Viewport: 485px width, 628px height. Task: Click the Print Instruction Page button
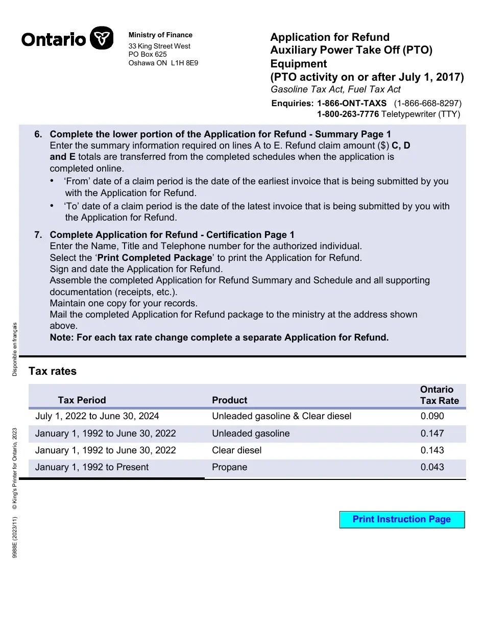tap(402, 520)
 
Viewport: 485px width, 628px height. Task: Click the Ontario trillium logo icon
tap(101, 38)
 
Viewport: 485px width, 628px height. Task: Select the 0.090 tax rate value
tap(432, 416)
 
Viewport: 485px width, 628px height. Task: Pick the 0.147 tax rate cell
tap(432, 433)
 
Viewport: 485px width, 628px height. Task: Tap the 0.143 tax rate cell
tap(432, 450)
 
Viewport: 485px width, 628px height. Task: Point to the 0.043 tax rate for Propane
tap(432, 467)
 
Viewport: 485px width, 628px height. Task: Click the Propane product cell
tap(229, 467)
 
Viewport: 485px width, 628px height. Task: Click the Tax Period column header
tap(82, 400)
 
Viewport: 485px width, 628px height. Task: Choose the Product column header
tap(229, 400)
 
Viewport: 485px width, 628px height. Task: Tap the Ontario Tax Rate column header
tap(439, 395)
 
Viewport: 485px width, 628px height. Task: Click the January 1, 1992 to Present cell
tap(92, 467)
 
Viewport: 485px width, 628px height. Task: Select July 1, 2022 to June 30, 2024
tap(97, 416)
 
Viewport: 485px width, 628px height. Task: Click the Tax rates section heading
tap(53, 371)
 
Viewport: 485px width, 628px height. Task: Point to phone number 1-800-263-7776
tap(348, 114)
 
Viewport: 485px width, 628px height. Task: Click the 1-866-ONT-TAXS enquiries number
tap(352, 103)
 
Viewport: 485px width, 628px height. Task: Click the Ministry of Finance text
tap(160, 35)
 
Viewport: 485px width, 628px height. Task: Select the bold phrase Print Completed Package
tap(154, 258)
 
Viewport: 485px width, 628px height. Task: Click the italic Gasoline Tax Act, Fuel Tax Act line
tap(335, 89)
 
